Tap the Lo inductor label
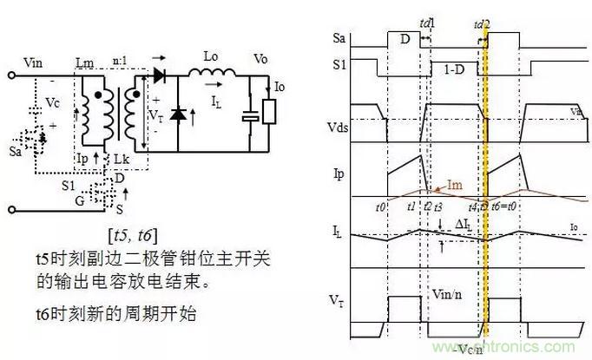click(210, 56)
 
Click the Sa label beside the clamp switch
click(14, 150)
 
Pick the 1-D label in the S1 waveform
click(454, 69)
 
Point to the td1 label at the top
click(427, 21)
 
